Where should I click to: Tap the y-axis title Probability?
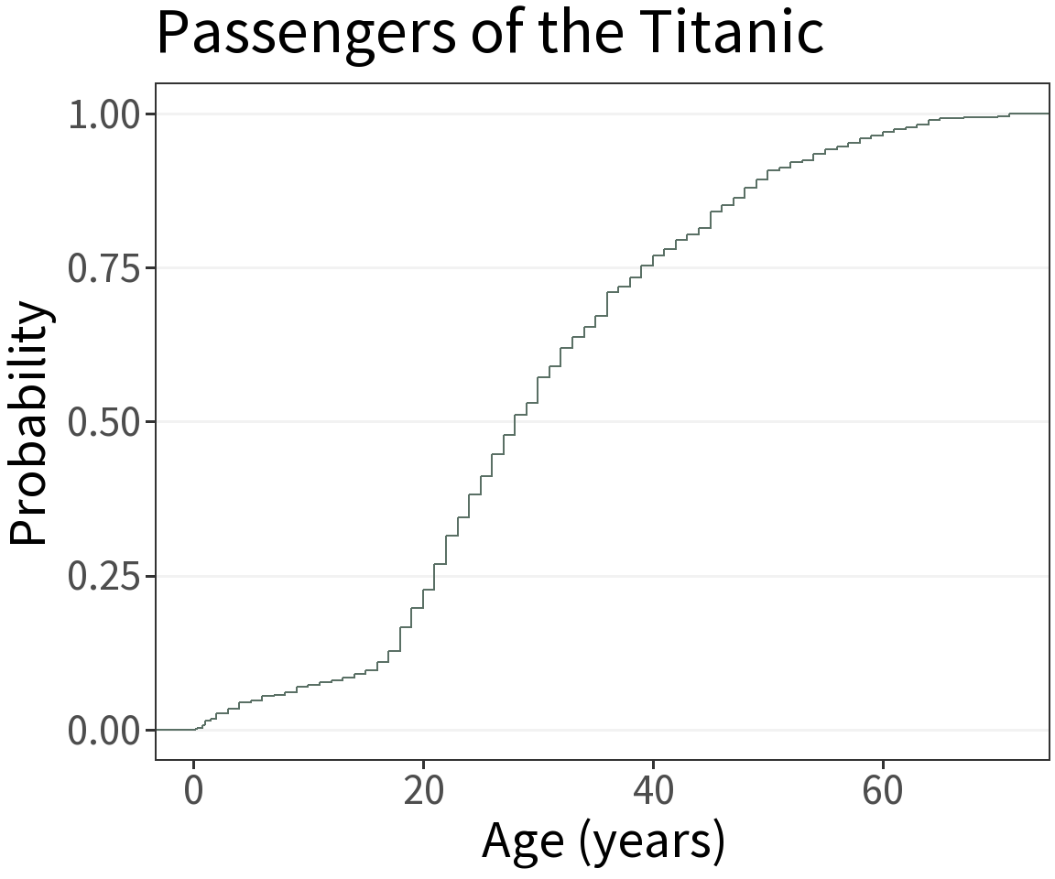(29, 422)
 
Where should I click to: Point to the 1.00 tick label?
(103, 114)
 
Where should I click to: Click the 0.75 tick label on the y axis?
(103, 268)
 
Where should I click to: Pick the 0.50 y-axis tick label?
(103, 422)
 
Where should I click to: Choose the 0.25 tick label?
(103, 577)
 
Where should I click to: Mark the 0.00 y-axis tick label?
(103, 731)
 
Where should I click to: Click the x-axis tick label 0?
(194, 790)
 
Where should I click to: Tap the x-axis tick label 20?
(423, 790)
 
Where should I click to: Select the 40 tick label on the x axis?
(653, 790)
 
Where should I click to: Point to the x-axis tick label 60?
(883, 790)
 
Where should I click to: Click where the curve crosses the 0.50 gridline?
(515, 422)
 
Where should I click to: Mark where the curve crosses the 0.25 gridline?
(434, 576)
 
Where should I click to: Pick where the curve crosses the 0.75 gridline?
(641, 267)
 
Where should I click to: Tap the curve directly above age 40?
(653, 259)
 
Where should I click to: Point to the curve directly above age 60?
(883, 135)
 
